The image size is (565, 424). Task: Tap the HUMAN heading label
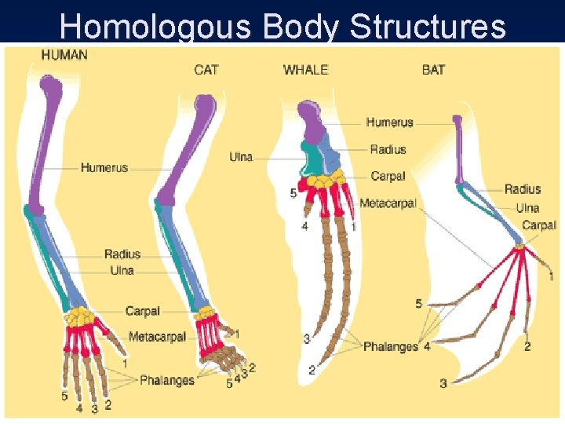click(64, 55)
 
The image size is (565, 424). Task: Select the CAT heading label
click(206, 70)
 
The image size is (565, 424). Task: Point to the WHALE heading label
click(305, 70)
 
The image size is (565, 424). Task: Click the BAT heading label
click(433, 70)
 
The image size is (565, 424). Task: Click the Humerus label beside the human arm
click(104, 167)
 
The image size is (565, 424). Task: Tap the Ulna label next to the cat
click(241, 157)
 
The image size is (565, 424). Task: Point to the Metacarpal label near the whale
click(388, 203)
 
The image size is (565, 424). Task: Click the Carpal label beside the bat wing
click(539, 225)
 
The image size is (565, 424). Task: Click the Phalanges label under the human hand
click(166, 380)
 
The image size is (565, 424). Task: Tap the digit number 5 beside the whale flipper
click(293, 193)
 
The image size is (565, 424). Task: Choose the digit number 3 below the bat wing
click(443, 383)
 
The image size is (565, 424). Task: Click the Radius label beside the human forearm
click(122, 254)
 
